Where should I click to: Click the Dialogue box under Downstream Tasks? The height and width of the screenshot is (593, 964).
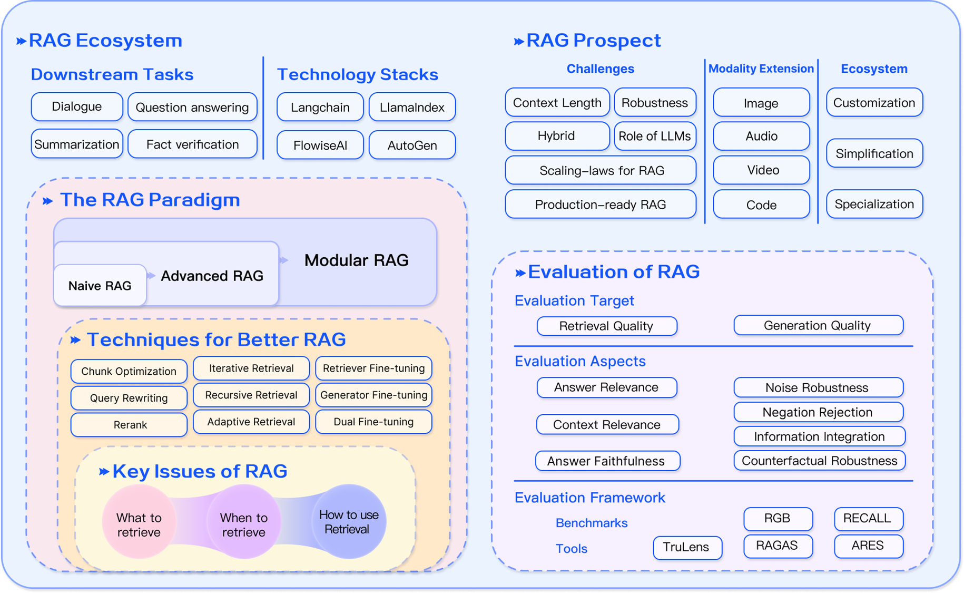(x=77, y=106)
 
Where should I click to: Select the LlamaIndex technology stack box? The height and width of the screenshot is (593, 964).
(x=412, y=107)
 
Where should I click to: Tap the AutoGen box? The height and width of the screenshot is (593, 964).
(x=412, y=145)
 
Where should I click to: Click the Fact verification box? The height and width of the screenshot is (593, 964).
(x=192, y=144)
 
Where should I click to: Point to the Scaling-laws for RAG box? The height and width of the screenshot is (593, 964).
(x=601, y=170)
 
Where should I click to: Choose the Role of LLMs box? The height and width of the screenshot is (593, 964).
(x=654, y=136)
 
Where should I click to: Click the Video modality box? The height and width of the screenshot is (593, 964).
(x=762, y=170)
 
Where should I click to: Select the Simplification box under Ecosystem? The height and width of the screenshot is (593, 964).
(x=874, y=153)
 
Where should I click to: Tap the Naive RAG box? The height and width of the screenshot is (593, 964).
(x=100, y=286)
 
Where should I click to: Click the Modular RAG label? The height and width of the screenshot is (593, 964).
(x=356, y=260)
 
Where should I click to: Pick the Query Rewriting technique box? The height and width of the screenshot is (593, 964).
(x=129, y=398)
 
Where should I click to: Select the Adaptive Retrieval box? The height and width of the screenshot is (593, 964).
(x=251, y=422)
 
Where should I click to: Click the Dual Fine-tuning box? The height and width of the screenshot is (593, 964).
(x=373, y=422)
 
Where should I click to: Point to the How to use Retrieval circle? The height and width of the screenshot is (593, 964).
(x=348, y=521)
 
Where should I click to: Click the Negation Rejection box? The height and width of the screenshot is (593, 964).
(x=818, y=412)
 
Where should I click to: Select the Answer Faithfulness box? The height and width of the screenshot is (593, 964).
(x=607, y=461)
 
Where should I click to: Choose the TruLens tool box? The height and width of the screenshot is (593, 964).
(x=686, y=547)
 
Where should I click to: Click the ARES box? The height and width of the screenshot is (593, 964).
(x=868, y=546)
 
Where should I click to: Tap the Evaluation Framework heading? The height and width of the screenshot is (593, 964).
(x=590, y=498)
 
